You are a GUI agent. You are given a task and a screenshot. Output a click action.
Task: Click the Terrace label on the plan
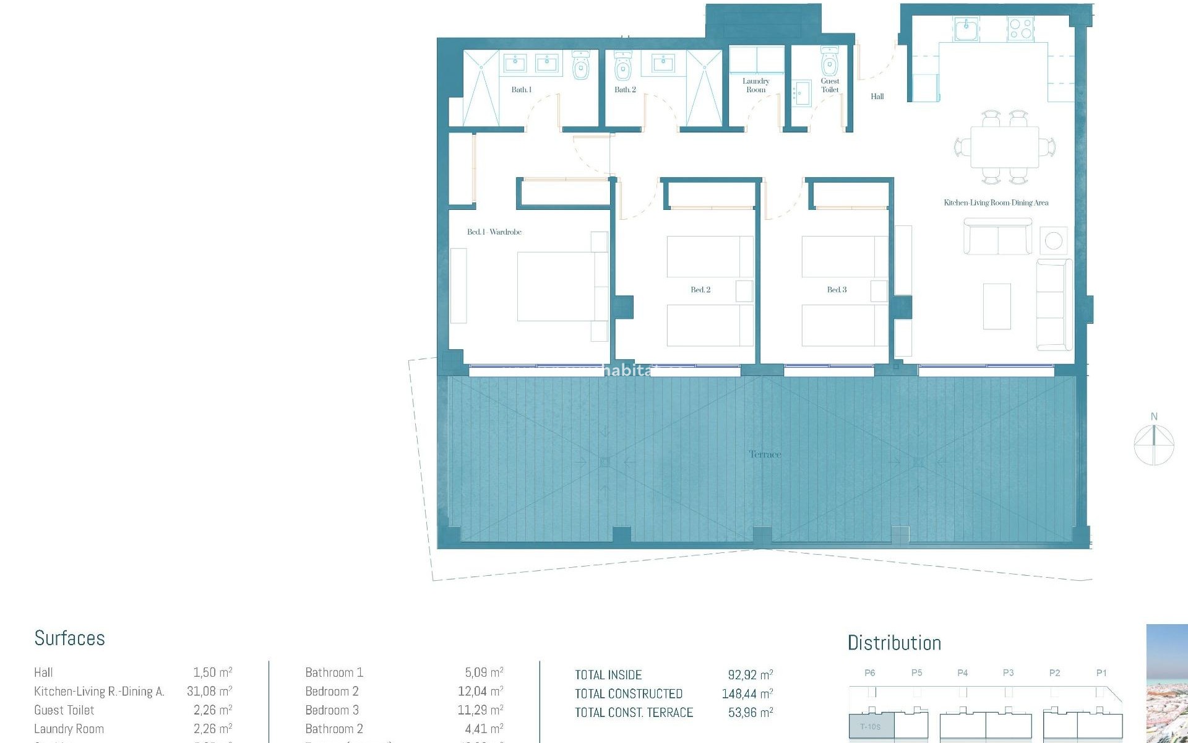tap(765, 454)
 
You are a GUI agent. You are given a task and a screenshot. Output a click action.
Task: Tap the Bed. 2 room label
tap(700, 290)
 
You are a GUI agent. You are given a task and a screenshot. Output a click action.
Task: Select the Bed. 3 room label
tap(837, 290)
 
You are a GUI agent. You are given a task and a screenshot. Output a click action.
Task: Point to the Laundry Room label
tap(755, 85)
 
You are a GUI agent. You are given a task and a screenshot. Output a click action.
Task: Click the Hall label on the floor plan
tap(877, 97)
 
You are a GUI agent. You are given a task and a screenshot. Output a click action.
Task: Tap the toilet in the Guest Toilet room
tap(829, 63)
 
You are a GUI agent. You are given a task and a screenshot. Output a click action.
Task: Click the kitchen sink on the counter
tap(966, 28)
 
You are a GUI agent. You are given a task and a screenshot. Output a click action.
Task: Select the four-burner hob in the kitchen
tap(1020, 28)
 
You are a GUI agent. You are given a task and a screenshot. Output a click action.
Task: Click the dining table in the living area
tap(1004, 147)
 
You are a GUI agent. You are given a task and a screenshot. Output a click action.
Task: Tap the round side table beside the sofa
tap(1053, 240)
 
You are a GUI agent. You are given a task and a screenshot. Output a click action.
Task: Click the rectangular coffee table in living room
tap(997, 306)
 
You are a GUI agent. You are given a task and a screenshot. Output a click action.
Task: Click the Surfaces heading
tap(69, 638)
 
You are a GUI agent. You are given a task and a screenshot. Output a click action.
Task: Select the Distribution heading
tap(894, 643)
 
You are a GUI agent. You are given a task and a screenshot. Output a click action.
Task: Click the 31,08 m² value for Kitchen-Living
tap(209, 691)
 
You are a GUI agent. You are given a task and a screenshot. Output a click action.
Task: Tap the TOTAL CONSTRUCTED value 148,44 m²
tap(747, 693)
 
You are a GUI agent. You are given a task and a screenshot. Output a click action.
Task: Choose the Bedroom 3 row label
tap(332, 710)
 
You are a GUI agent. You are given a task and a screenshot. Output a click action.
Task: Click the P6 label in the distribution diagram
tap(869, 673)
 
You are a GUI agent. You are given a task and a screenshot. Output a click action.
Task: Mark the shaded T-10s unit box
tap(870, 726)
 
